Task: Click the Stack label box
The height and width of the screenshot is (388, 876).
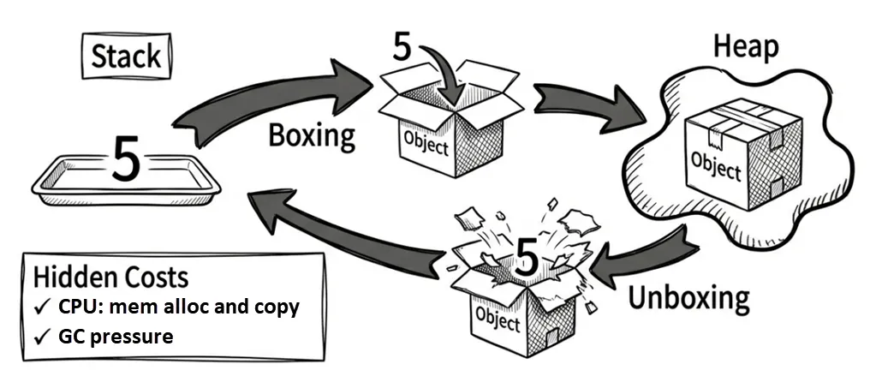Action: (126, 57)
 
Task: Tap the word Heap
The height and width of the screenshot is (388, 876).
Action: (746, 49)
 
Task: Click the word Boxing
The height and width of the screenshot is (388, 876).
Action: (312, 135)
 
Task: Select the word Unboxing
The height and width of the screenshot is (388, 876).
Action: (688, 298)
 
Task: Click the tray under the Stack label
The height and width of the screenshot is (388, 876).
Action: (126, 185)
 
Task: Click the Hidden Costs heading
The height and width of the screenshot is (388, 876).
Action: (110, 278)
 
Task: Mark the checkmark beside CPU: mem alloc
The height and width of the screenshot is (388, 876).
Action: (42, 307)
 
